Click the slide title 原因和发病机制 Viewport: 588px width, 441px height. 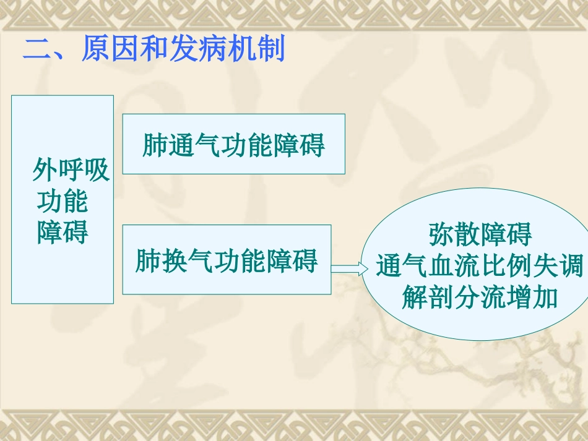[183, 49]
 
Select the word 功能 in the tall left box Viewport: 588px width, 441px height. [62, 201]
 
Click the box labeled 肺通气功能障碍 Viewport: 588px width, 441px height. [233, 144]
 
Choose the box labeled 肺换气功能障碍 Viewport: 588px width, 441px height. [227, 260]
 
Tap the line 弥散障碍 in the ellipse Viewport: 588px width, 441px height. [480, 236]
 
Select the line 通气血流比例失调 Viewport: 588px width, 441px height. [480, 267]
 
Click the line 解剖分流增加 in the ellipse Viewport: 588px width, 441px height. [480, 298]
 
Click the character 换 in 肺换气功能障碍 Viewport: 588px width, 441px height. [178, 260]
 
